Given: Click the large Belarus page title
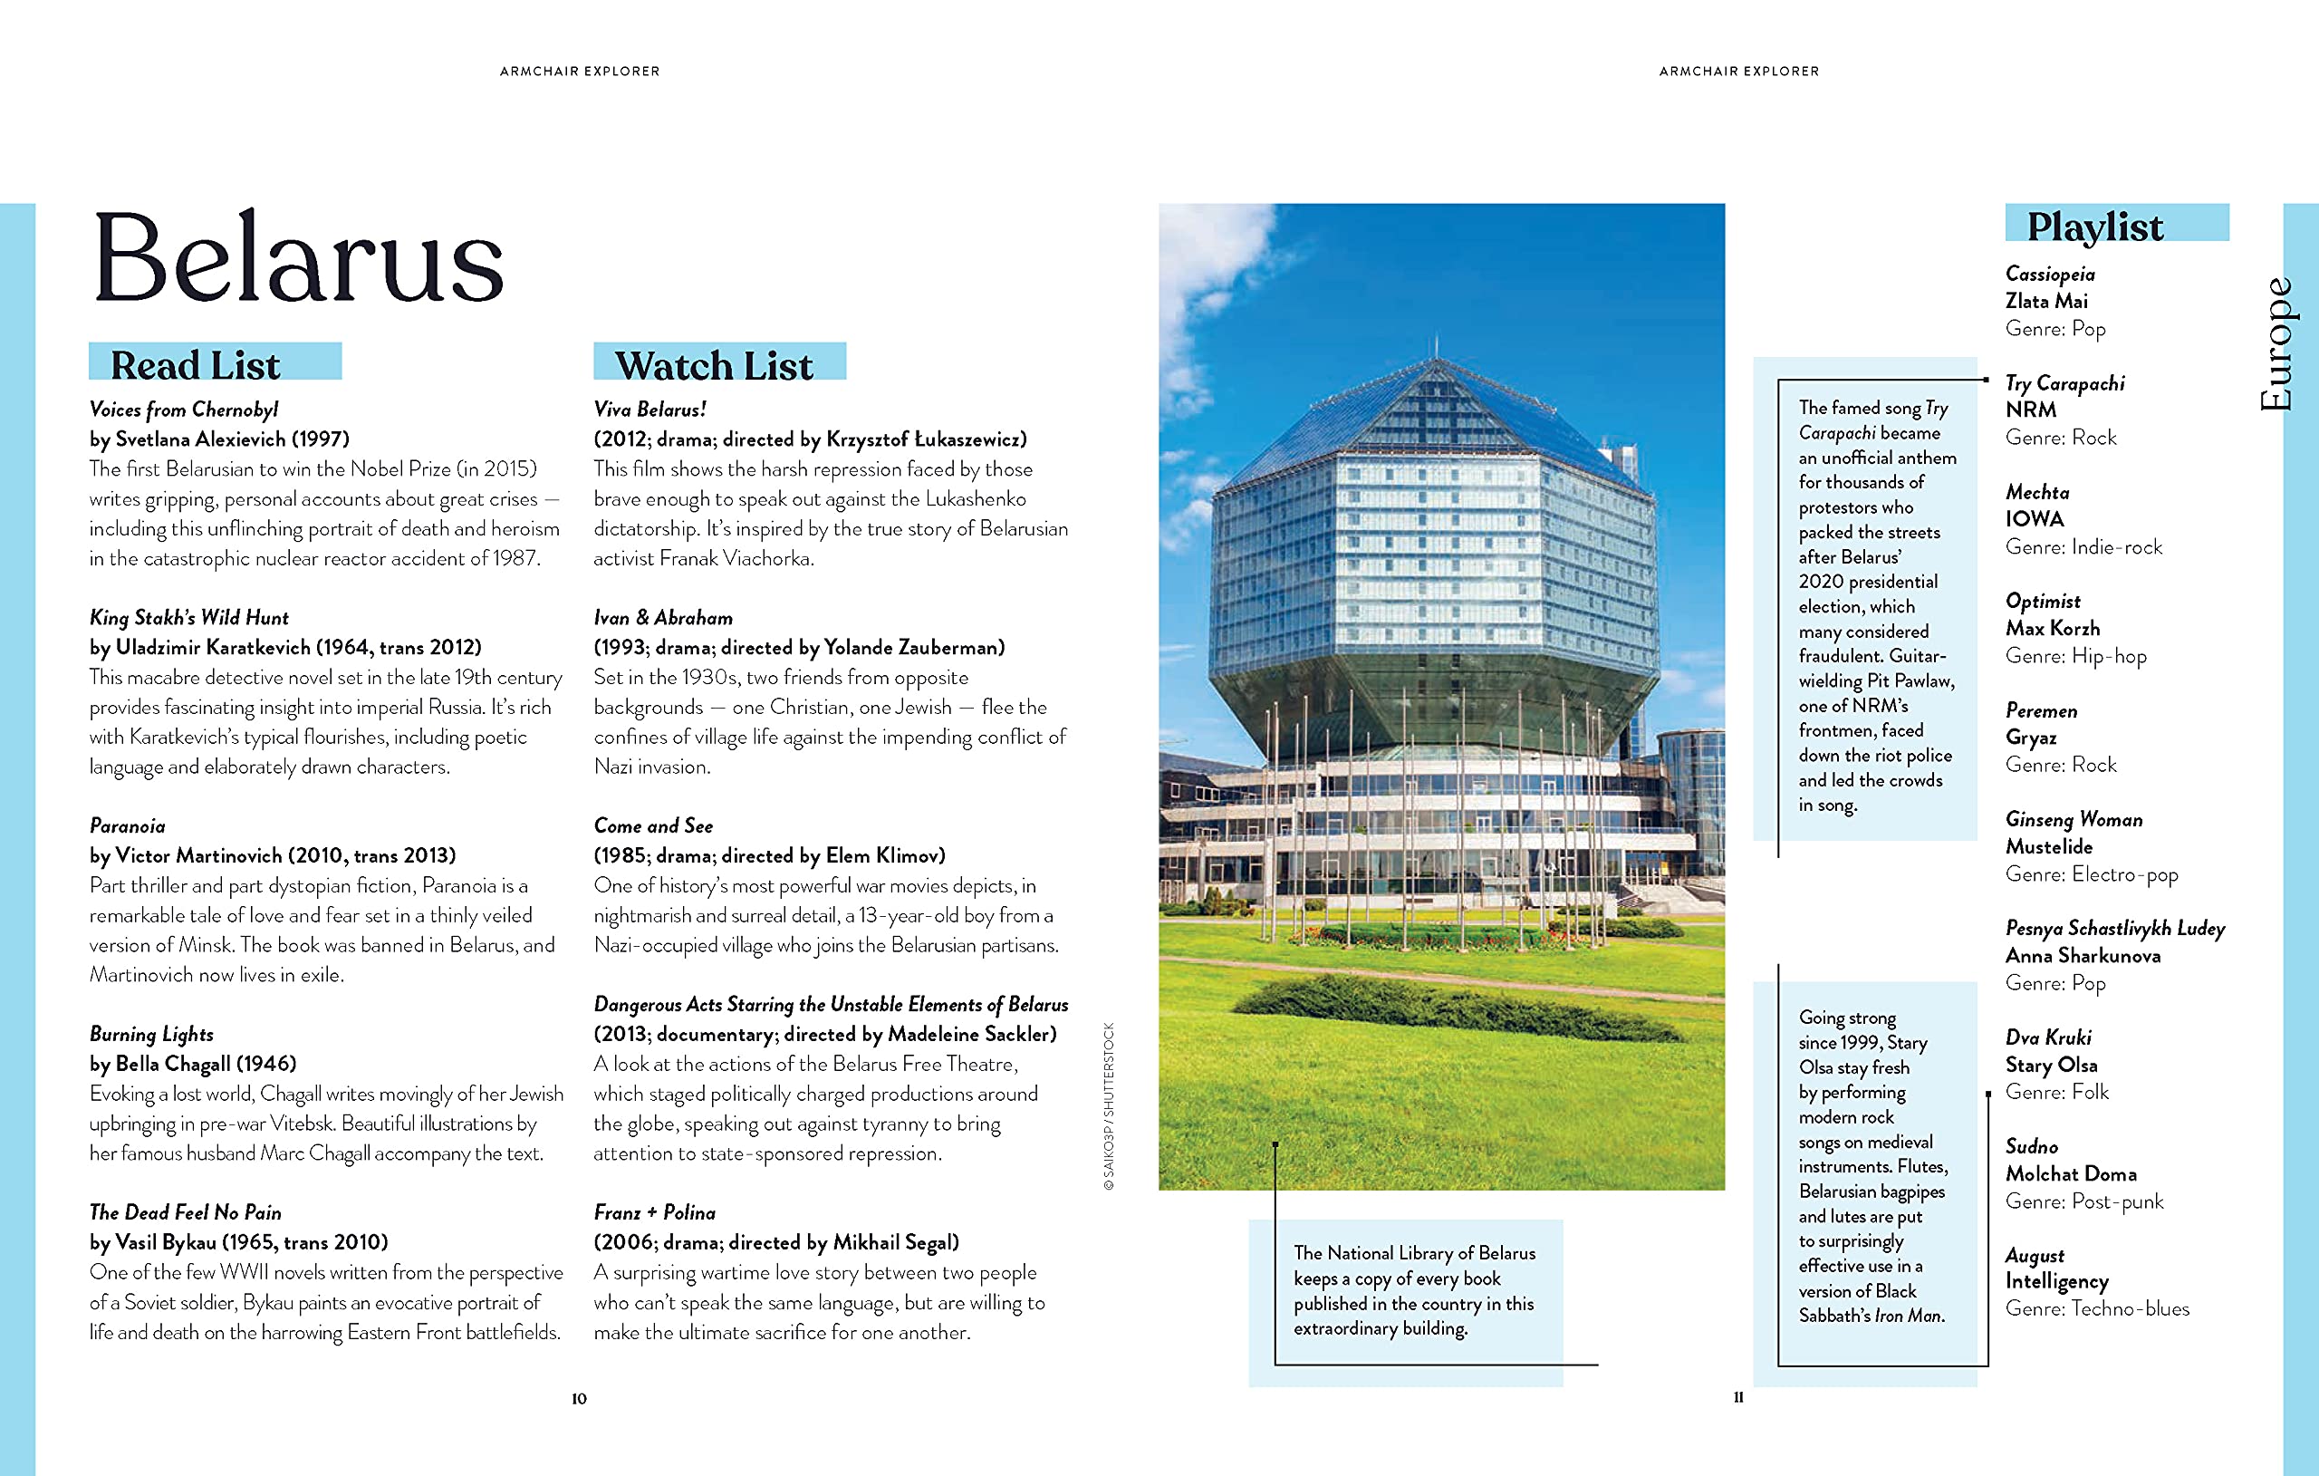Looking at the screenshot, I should click(298, 258).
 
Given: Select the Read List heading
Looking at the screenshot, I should click(196, 365).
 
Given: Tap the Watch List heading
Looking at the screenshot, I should click(714, 365).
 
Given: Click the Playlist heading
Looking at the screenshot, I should click(2094, 227).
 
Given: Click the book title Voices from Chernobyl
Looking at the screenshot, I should click(184, 410).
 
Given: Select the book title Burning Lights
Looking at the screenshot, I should click(151, 1034).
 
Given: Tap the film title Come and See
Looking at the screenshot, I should click(653, 825).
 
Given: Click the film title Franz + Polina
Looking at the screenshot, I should click(654, 1212).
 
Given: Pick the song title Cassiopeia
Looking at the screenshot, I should click(2049, 275).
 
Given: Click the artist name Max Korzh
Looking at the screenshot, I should click(2053, 628).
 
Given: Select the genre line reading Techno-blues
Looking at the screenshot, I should click(2130, 1308).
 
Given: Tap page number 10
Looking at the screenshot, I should click(579, 1398).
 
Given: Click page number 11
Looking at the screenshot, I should click(1738, 1397).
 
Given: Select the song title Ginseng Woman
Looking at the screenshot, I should click(2074, 820).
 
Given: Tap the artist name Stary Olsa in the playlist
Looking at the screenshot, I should click(2050, 1065).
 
